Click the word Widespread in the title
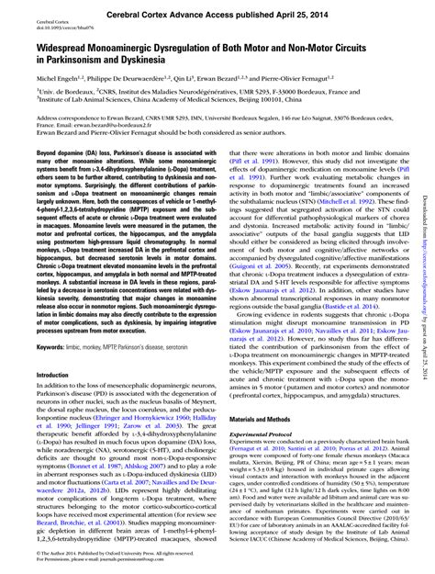tap(43, 45)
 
